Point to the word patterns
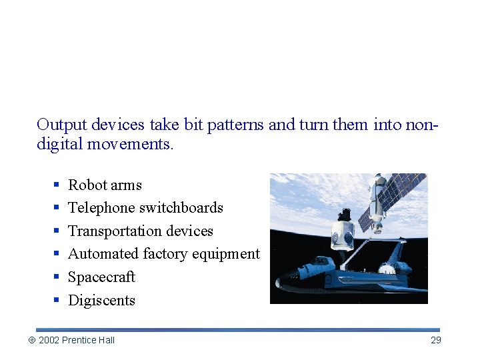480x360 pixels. click(233, 125)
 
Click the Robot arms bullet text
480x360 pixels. click(105, 185)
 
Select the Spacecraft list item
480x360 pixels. click(101, 277)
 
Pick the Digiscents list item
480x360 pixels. click(101, 300)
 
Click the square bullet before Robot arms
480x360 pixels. click(57, 185)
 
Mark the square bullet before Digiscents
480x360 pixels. click(57, 301)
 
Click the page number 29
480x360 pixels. click(435, 340)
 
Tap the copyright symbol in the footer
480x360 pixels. click(31, 340)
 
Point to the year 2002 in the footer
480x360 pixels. click(49, 340)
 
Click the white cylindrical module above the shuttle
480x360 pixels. click(343, 233)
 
